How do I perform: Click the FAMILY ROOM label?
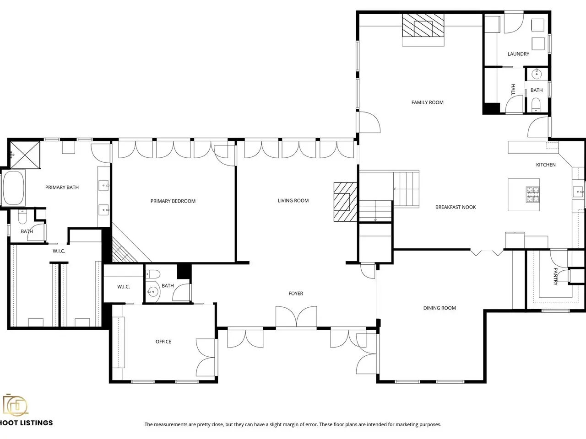(x=427, y=102)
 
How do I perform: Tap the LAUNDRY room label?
(x=518, y=54)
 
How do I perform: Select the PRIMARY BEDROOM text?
(x=173, y=201)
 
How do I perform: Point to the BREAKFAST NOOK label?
(x=456, y=207)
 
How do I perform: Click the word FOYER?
(x=296, y=294)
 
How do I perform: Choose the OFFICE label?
(x=163, y=342)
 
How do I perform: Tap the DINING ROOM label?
(x=439, y=308)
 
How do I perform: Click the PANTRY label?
(x=556, y=276)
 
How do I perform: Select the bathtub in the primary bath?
(x=13, y=188)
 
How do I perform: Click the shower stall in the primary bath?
(x=25, y=155)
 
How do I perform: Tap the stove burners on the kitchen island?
(x=532, y=194)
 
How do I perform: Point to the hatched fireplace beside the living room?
(x=345, y=202)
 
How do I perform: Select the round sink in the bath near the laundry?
(x=537, y=74)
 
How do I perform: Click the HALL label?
(x=513, y=90)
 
